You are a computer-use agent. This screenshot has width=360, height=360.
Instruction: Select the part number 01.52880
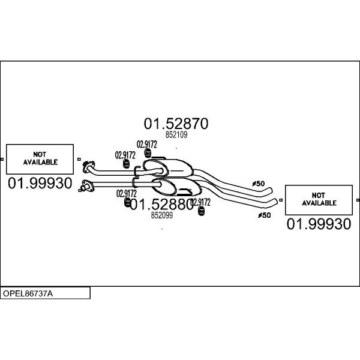coord(161,205)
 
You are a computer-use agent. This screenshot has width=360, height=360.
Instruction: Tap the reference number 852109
coord(176,134)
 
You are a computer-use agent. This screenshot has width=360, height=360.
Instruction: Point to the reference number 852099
coord(162,215)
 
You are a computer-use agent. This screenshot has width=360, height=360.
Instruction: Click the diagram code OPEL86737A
coord(28,293)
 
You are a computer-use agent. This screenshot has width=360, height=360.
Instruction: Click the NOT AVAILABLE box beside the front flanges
coord(40,159)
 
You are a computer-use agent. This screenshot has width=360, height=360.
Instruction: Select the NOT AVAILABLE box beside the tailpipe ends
coord(319,200)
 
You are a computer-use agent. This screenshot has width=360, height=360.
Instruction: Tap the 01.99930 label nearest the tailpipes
coord(319,224)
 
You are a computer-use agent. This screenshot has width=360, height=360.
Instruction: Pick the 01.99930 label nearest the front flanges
coord(40,183)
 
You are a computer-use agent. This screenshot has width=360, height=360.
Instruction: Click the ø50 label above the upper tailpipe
coord(258,184)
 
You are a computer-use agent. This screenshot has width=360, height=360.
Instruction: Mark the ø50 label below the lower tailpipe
coord(265,215)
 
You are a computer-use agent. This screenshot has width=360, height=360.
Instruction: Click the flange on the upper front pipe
coord(88,167)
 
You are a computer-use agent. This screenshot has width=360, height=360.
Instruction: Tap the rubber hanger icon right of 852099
coord(201,211)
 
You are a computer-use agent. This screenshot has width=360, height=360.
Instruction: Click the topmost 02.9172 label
coord(147,145)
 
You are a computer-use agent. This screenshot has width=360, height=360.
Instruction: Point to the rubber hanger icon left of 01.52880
coord(127,202)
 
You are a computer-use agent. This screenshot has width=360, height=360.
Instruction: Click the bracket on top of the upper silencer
coord(158,158)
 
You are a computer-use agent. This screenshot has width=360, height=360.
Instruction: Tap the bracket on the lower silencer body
coord(185,191)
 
